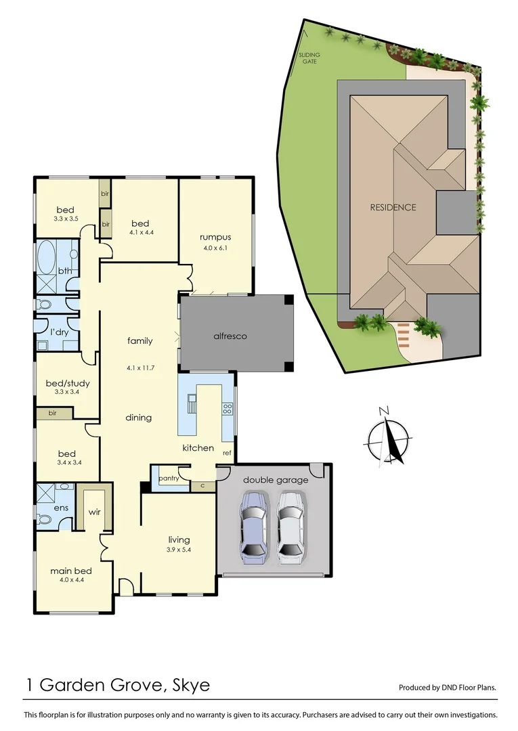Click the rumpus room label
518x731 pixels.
pyautogui.click(x=215, y=237)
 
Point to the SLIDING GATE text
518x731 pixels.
pyautogui.click(x=309, y=58)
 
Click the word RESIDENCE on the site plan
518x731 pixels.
pyautogui.click(x=393, y=207)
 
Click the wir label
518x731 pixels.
pyautogui.click(x=94, y=513)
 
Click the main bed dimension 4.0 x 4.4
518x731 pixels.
pyautogui.click(x=70, y=581)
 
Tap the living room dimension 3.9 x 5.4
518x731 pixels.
pyautogui.click(x=179, y=550)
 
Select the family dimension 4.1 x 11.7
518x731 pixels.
pyautogui.click(x=140, y=368)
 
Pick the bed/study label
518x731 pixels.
pyautogui.click(x=68, y=383)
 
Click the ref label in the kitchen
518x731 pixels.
pyautogui.click(x=227, y=453)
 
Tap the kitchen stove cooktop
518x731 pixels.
pyautogui.click(x=228, y=408)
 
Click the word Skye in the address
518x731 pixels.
pyautogui.click(x=191, y=685)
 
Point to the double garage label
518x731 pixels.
pyautogui.click(x=276, y=480)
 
